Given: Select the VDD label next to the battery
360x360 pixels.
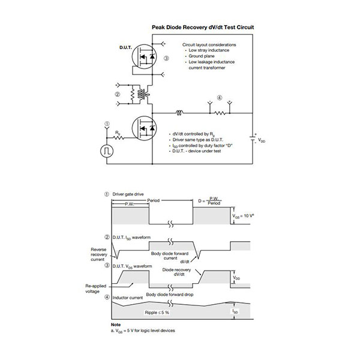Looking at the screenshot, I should [x=263, y=141].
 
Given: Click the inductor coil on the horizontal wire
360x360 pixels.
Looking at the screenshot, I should [x=179, y=112].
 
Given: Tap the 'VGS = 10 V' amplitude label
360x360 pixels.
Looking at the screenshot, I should [x=247, y=214].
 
